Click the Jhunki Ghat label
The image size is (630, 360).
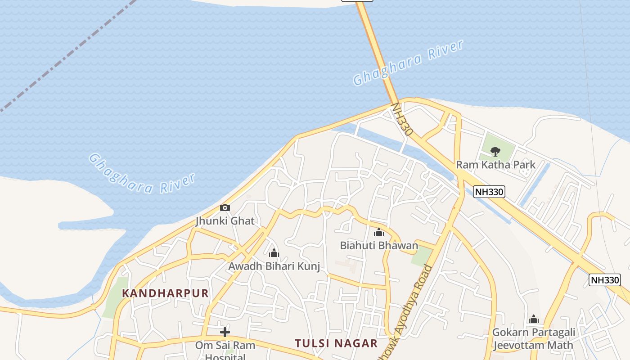pyautogui.click(x=225, y=221)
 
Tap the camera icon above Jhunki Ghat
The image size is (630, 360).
pyautogui.click(x=225, y=207)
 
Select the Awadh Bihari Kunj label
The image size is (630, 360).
pyautogui.click(x=274, y=266)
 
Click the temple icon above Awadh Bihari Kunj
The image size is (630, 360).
pyautogui.click(x=274, y=253)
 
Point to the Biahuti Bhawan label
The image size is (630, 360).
pyautogui.click(x=379, y=245)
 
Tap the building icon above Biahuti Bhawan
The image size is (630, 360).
pyautogui.click(x=379, y=233)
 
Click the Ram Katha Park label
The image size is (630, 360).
pyautogui.click(x=495, y=165)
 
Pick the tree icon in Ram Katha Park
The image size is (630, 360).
pyautogui.click(x=495, y=151)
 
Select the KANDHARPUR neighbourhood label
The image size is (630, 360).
pyautogui.click(x=166, y=293)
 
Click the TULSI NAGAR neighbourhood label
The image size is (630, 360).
pyautogui.click(x=336, y=343)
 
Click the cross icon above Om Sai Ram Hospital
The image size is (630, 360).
pyautogui.click(x=225, y=333)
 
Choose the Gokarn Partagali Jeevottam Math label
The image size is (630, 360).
pyautogui.click(x=534, y=339)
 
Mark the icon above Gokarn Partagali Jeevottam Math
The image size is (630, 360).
pyautogui.click(x=534, y=319)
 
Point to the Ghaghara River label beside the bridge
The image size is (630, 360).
pyautogui.click(x=408, y=63)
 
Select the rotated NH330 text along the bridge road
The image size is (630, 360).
pyautogui.click(x=401, y=119)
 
